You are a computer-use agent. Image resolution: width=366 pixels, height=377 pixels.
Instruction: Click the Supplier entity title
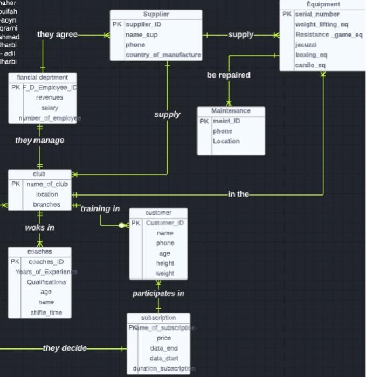[x=156, y=14]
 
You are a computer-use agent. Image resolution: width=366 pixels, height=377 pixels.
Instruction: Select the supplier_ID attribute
[x=143, y=25]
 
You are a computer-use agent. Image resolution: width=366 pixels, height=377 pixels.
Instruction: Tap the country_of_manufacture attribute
[x=163, y=55]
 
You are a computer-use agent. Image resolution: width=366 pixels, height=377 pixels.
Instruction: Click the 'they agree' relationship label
[x=57, y=34]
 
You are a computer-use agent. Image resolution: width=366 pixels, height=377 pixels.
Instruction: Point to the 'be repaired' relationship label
[x=229, y=75]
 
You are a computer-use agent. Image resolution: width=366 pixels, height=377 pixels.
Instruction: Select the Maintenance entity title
[x=231, y=111]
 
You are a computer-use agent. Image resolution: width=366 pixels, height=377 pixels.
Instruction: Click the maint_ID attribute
[x=226, y=121]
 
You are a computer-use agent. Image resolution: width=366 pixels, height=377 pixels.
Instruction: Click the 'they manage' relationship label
[x=39, y=141]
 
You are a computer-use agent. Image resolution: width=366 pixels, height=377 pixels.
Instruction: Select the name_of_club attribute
[x=47, y=184]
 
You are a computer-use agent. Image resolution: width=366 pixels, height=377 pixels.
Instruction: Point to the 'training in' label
[x=100, y=208]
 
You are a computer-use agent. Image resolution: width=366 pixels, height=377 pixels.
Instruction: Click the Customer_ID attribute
[x=165, y=223]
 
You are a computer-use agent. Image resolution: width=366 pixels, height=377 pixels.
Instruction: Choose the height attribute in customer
[x=165, y=263]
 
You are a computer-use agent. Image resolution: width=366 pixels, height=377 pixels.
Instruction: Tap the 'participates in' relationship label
[x=158, y=294]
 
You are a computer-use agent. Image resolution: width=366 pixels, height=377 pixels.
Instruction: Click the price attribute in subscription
[x=164, y=338]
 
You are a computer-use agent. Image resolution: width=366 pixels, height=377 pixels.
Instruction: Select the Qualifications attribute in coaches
[x=46, y=282]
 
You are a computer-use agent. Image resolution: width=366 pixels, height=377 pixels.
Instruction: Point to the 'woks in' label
[x=39, y=227]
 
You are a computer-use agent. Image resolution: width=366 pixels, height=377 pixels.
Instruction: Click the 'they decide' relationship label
[x=65, y=348]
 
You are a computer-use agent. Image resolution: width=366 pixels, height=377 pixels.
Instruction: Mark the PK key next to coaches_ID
[x=15, y=262]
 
